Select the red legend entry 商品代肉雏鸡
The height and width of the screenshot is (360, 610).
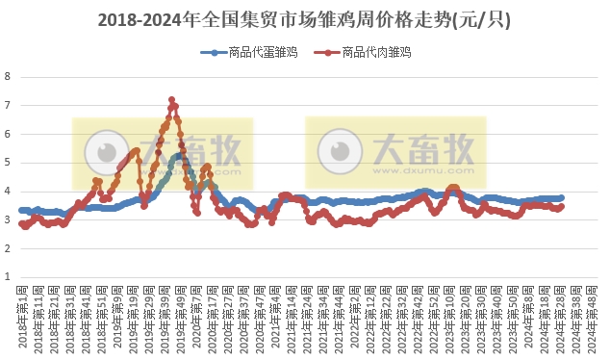tap(369, 53)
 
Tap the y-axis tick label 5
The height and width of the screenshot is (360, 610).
tap(8, 163)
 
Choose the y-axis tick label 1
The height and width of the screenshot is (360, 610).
tap(8, 277)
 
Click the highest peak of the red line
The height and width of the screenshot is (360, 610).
tap(171, 99)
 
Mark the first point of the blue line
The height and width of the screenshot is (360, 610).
tap(21, 210)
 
